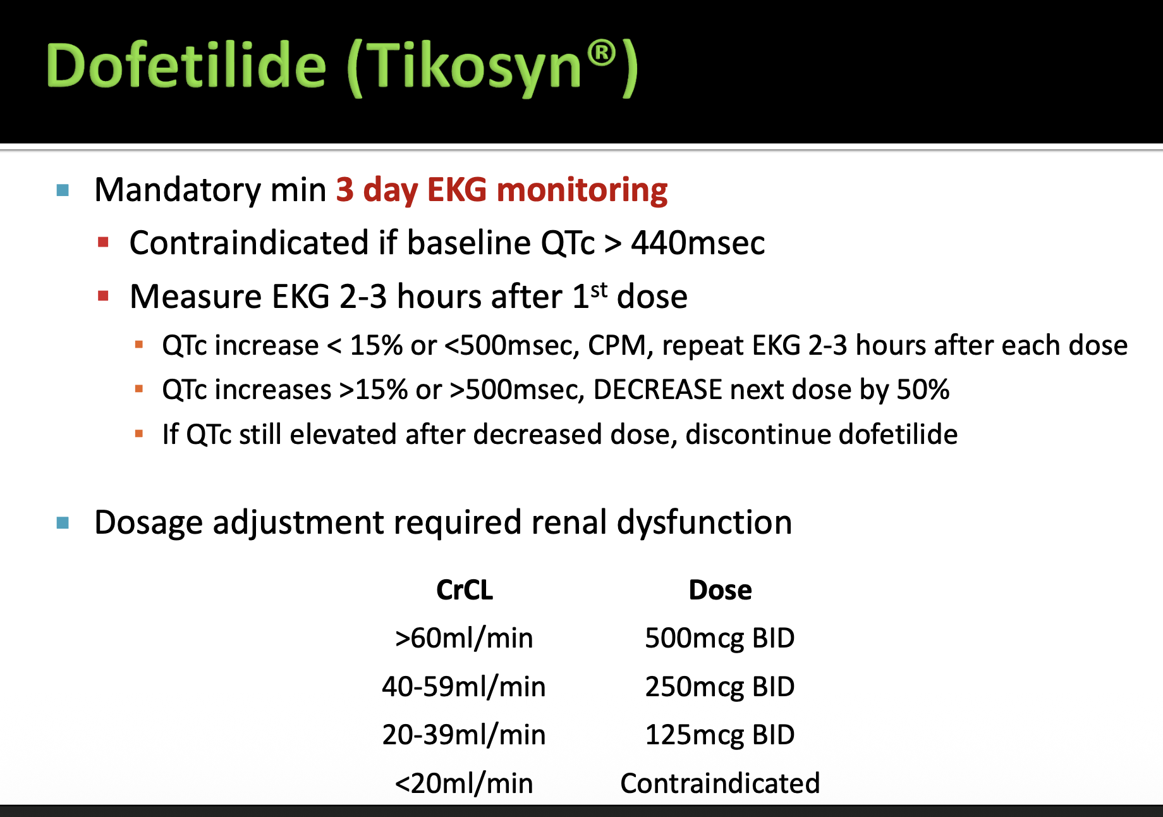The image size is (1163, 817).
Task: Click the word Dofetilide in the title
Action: click(186, 66)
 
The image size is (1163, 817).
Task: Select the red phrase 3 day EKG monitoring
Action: click(501, 190)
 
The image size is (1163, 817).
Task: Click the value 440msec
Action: click(698, 243)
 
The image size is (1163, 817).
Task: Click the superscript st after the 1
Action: click(599, 290)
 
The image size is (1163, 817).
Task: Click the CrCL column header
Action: click(465, 590)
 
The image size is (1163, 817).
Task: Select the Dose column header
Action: click(720, 590)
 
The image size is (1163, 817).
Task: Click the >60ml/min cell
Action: click(464, 638)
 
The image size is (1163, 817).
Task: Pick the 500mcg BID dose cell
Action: click(720, 638)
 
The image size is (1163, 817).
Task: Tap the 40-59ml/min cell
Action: click(464, 687)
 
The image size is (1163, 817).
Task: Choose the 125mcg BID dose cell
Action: click(720, 735)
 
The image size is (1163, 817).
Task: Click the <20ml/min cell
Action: click(464, 783)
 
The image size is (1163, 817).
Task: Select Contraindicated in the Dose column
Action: click(720, 783)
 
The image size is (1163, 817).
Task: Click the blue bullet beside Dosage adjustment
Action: click(63, 523)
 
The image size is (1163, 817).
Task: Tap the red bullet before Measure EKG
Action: click(104, 295)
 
